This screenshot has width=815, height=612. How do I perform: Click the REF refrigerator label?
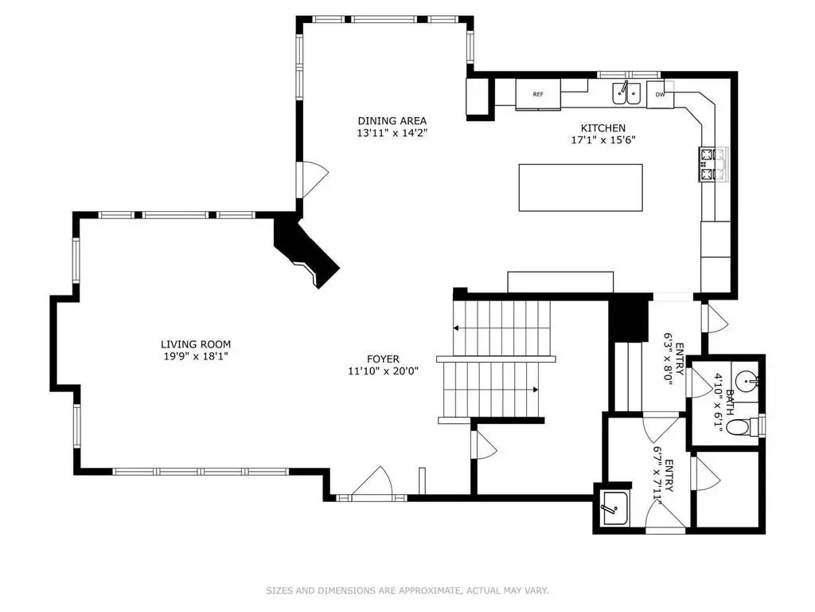point(538,94)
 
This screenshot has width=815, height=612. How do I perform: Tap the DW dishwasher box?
point(660,95)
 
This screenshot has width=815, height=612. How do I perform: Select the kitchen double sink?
point(626,93)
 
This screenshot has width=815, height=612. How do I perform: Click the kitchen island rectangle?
point(580,187)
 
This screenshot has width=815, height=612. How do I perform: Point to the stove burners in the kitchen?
point(713,164)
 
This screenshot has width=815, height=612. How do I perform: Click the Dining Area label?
point(392,121)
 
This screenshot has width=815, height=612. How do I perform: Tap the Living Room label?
point(196,344)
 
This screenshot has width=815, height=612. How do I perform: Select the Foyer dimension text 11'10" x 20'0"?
point(383,371)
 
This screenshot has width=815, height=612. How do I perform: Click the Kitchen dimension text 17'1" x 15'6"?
point(603,140)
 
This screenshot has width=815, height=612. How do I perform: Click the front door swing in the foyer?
point(372,481)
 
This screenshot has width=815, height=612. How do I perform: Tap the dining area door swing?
point(313,180)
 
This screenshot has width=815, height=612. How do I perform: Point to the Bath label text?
point(731,401)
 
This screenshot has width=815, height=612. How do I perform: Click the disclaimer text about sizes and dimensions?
point(407,590)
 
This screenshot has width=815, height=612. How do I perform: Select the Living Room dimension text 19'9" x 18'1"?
point(196,356)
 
